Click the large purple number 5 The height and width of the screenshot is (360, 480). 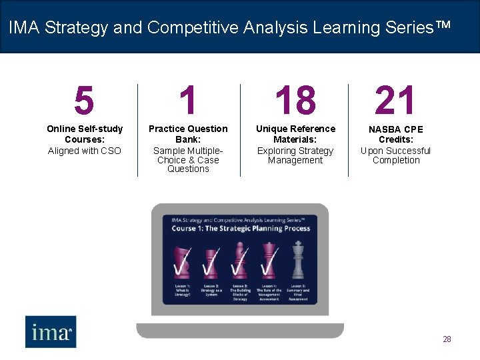[x=84, y=101]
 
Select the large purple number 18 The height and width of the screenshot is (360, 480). [x=295, y=101]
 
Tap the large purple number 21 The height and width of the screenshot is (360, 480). [x=395, y=101]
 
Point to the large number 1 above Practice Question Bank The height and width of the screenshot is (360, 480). [x=188, y=101]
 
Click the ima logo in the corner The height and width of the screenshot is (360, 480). [x=51, y=331]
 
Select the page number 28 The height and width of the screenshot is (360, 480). [x=447, y=339]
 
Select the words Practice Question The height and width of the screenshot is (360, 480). [x=188, y=129]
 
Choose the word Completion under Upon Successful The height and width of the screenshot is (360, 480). [x=396, y=160]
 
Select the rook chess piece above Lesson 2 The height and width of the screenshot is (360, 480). [x=211, y=263]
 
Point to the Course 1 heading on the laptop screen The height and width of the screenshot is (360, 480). [x=241, y=229]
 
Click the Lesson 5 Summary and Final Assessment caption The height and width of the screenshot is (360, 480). [x=298, y=292]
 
